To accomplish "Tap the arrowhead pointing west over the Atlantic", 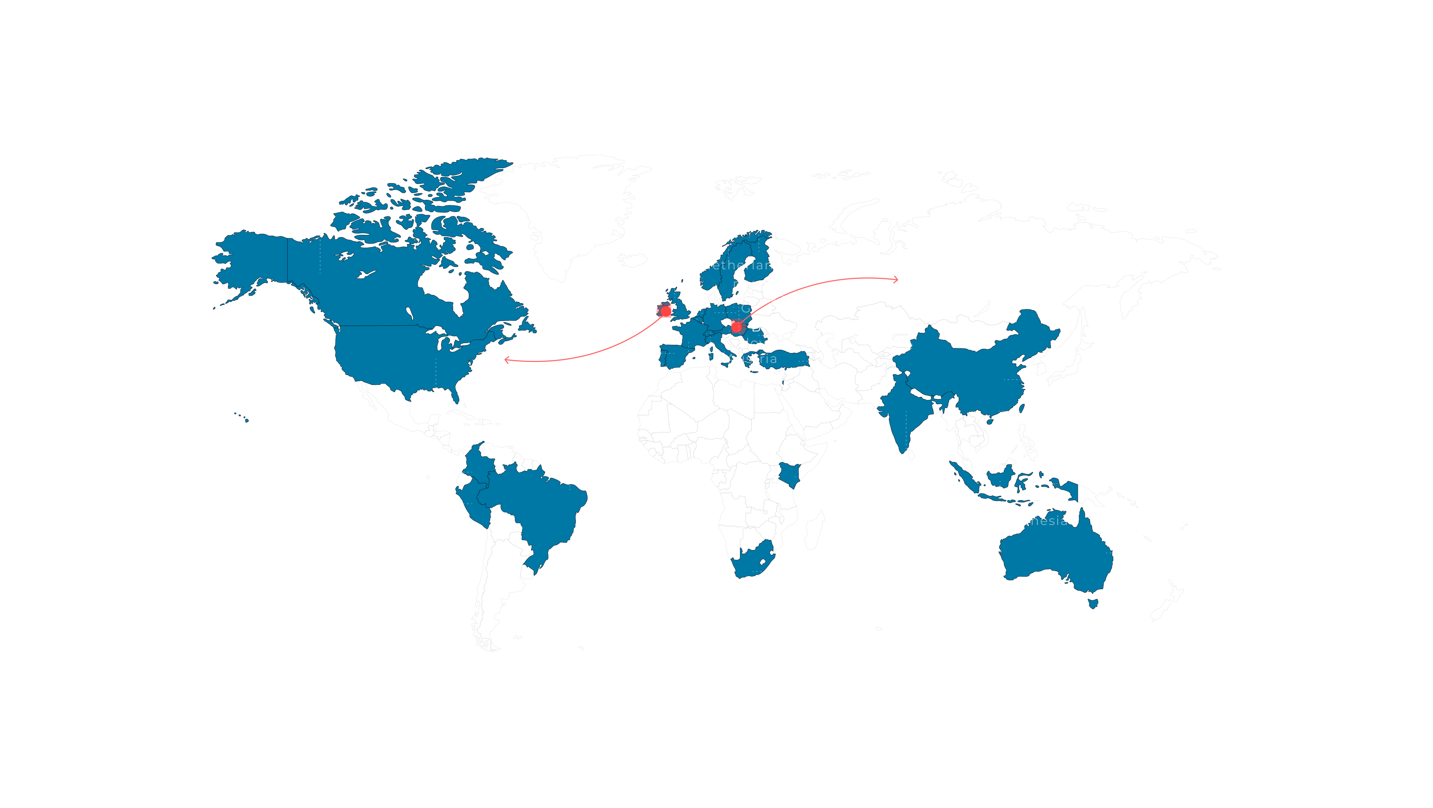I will tap(507, 360).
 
